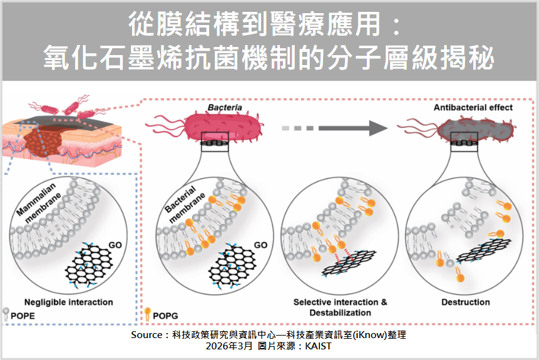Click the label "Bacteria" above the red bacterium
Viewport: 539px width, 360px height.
[225, 108]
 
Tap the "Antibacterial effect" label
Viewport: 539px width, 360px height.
[473, 108]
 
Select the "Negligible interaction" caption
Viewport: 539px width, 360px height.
[69, 302]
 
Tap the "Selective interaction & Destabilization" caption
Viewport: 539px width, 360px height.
[341, 307]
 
